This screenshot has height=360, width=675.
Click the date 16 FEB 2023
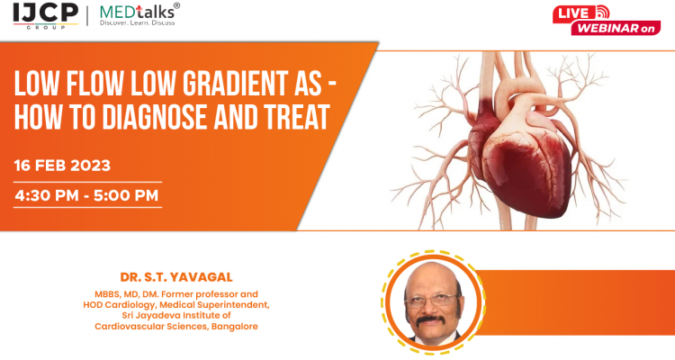[62, 166]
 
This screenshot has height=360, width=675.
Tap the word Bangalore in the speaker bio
[235, 326]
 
